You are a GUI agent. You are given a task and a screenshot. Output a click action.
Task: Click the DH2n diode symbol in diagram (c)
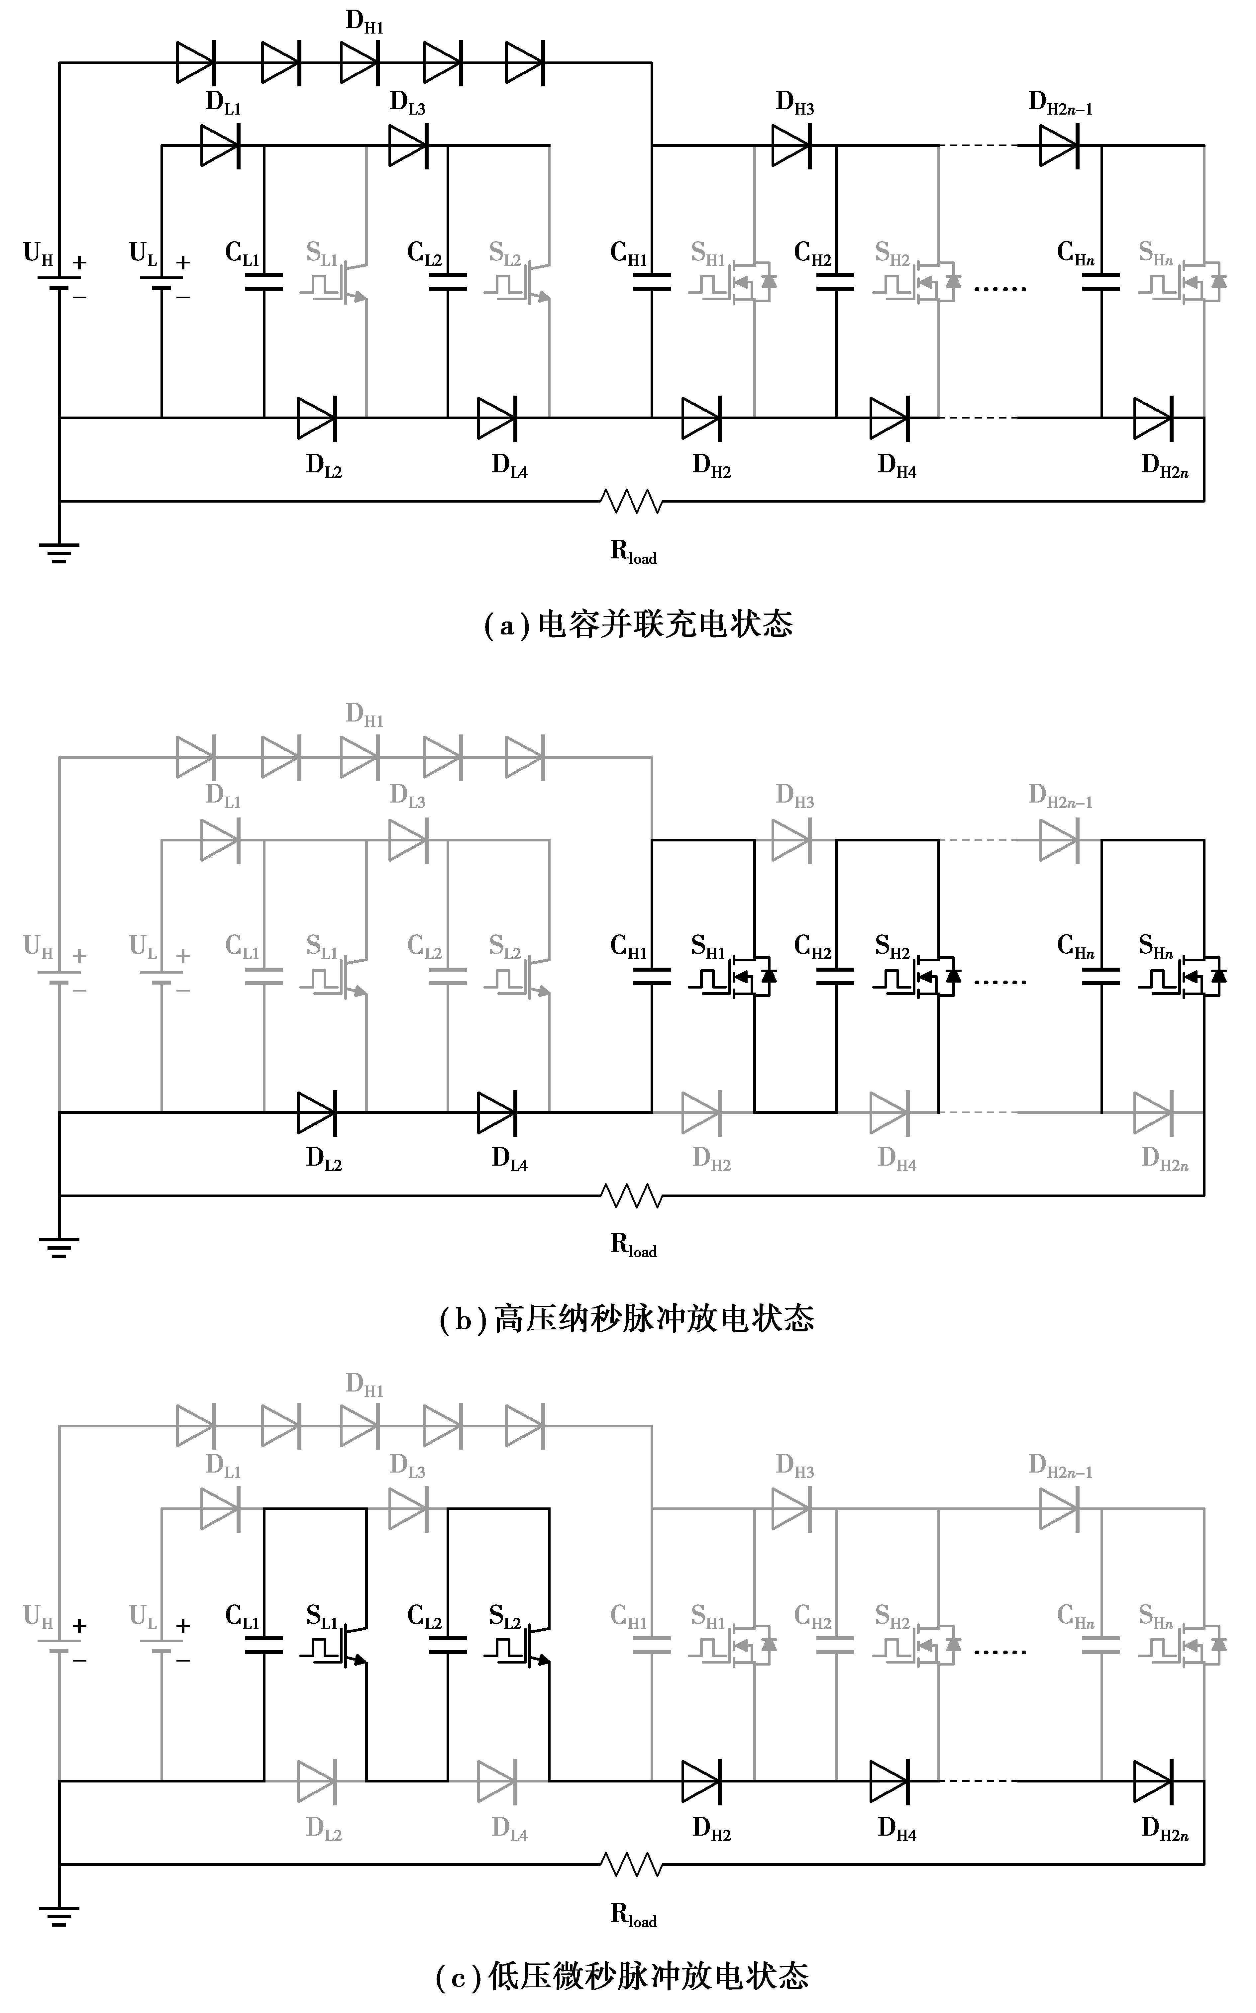point(1153,1781)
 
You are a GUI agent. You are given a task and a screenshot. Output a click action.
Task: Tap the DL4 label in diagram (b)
point(509,1158)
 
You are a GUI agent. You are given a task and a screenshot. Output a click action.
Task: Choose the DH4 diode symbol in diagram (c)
point(889,1781)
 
